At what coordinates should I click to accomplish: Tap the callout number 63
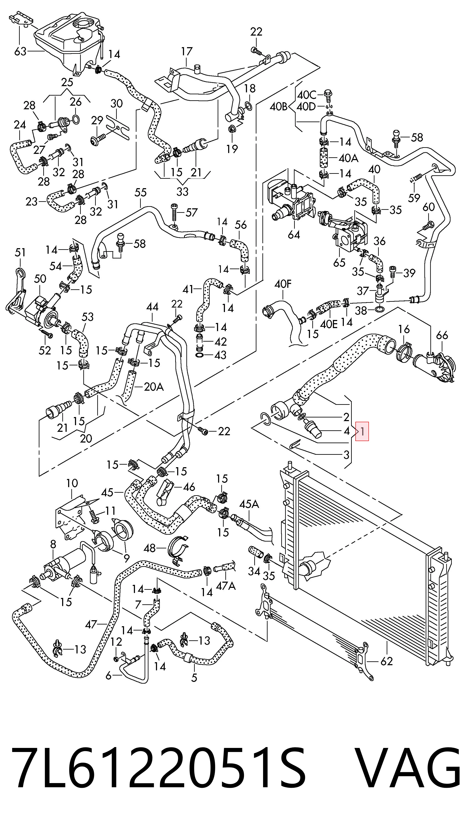click(x=20, y=51)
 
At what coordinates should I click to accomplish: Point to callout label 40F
click(x=283, y=284)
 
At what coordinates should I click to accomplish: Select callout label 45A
click(x=249, y=504)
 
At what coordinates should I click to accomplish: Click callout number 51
click(x=20, y=252)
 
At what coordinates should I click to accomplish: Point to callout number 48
click(x=150, y=548)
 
